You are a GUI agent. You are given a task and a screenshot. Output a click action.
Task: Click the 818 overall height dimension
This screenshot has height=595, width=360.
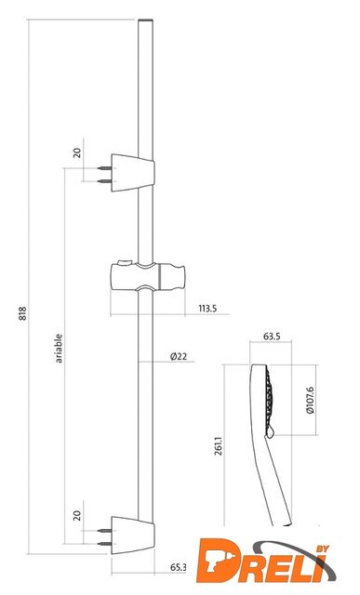[x=23, y=313]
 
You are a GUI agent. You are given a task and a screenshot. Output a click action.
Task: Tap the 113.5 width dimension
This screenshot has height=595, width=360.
[x=207, y=309]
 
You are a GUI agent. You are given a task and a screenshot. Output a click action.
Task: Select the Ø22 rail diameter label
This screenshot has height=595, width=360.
[x=179, y=356]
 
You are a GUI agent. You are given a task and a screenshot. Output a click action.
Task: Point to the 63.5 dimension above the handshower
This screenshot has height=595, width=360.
[x=271, y=337]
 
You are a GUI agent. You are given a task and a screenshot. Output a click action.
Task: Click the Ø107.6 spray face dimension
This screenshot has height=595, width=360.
[x=310, y=400]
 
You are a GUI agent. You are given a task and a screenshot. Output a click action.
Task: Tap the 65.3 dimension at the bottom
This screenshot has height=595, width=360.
[x=179, y=567]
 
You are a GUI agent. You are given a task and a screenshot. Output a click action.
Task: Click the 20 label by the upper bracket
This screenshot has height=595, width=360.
[x=77, y=152]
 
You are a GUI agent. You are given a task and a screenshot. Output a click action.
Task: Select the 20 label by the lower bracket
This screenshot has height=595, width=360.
[x=77, y=515]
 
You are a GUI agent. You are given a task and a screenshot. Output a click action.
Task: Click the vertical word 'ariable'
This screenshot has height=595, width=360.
[x=59, y=349]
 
